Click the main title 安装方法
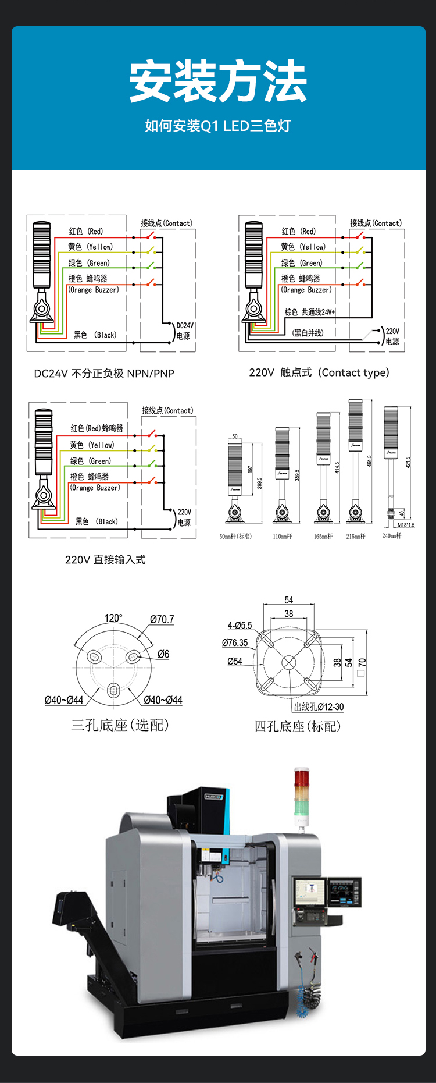click(218, 81)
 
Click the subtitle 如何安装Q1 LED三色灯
click(218, 126)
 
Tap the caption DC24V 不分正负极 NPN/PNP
click(104, 374)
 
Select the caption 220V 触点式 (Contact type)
click(319, 372)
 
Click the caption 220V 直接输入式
click(105, 560)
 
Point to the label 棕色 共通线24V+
click(309, 312)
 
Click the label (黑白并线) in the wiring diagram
click(308, 333)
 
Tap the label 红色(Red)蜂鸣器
click(97, 428)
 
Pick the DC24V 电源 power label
click(184, 331)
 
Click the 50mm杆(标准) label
click(235, 537)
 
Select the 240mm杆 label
click(391, 536)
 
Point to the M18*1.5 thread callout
click(406, 525)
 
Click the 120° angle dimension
click(113, 618)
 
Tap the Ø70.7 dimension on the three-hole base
click(162, 620)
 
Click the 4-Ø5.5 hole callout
click(240, 626)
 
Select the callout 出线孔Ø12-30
click(319, 707)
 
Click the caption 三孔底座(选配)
click(120, 725)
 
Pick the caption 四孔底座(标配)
click(298, 726)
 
